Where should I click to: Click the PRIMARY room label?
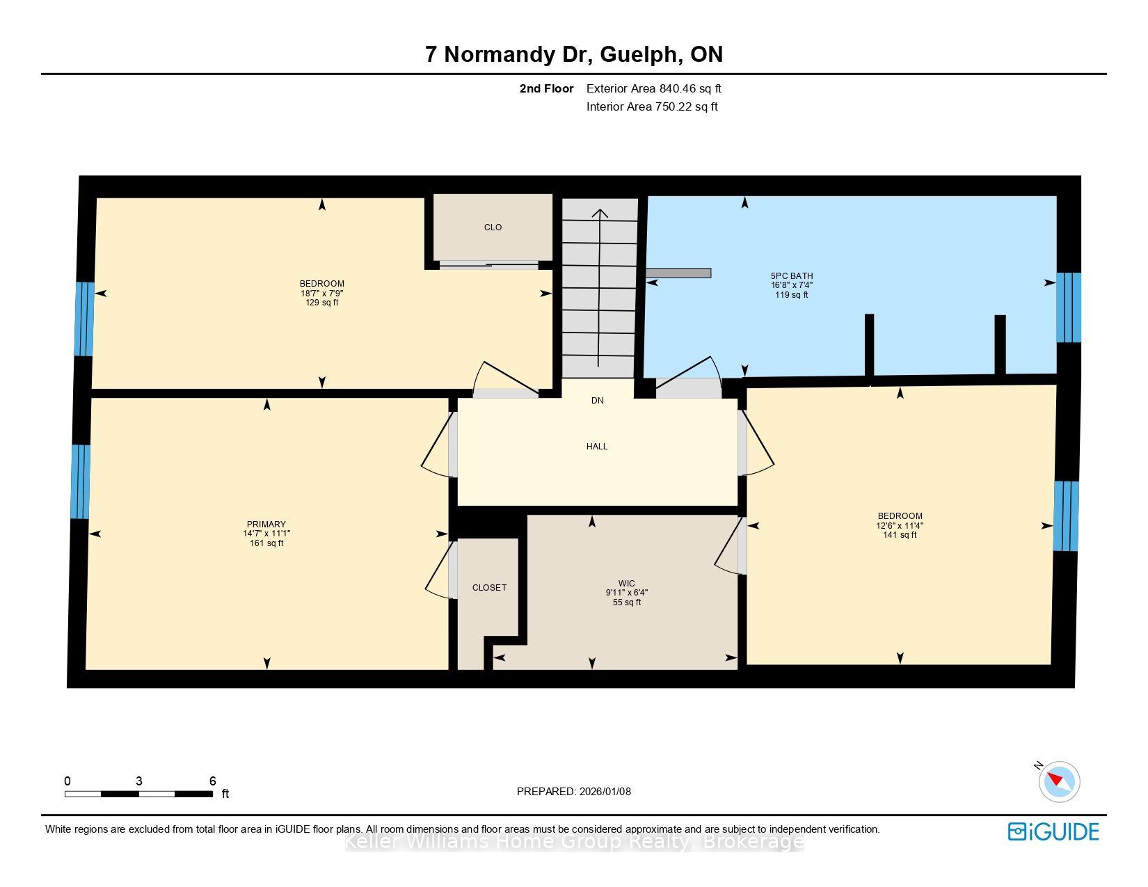pos(266,524)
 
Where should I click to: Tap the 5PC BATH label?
pos(791,275)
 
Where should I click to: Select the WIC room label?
pos(627,583)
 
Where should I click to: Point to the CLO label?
pos(493,227)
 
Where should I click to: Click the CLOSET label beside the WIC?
pos(489,587)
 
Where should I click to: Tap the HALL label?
pos(597,447)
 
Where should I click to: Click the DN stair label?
pos(598,401)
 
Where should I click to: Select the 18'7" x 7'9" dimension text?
pos(321,293)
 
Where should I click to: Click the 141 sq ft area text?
pos(900,534)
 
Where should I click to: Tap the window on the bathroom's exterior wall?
pos(1068,307)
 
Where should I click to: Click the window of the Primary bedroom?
pos(80,481)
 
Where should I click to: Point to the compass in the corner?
pos(1059,782)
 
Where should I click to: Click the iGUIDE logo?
pos(1053,831)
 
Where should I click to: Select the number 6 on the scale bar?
pos(212,781)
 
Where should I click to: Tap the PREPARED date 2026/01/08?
pos(605,792)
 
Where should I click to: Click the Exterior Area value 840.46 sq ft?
pos(690,89)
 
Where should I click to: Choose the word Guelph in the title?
pos(639,54)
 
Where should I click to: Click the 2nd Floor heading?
pos(546,89)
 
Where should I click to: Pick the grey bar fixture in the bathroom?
pos(678,273)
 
